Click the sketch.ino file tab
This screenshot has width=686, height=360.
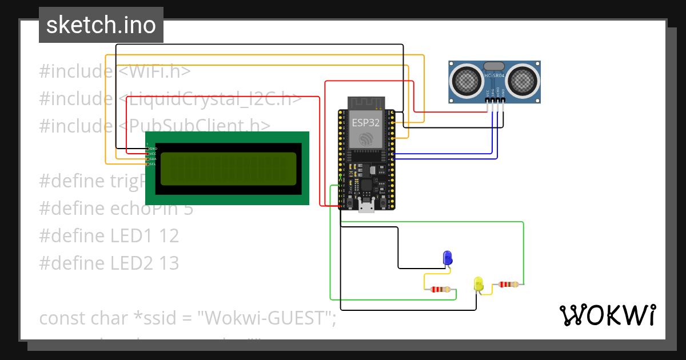point(101,25)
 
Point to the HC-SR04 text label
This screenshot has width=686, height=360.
point(494,75)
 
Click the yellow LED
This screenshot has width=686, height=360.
point(478,283)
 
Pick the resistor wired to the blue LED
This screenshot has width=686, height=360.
point(440,290)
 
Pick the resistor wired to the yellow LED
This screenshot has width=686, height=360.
point(508,284)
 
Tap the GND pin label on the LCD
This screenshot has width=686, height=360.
point(153,149)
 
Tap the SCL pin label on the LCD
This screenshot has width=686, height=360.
point(153,164)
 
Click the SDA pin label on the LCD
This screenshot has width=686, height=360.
point(153,159)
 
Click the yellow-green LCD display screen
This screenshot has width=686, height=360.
point(228,169)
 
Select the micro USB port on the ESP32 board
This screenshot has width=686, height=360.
point(366,205)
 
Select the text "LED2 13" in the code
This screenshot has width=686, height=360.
point(145,263)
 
